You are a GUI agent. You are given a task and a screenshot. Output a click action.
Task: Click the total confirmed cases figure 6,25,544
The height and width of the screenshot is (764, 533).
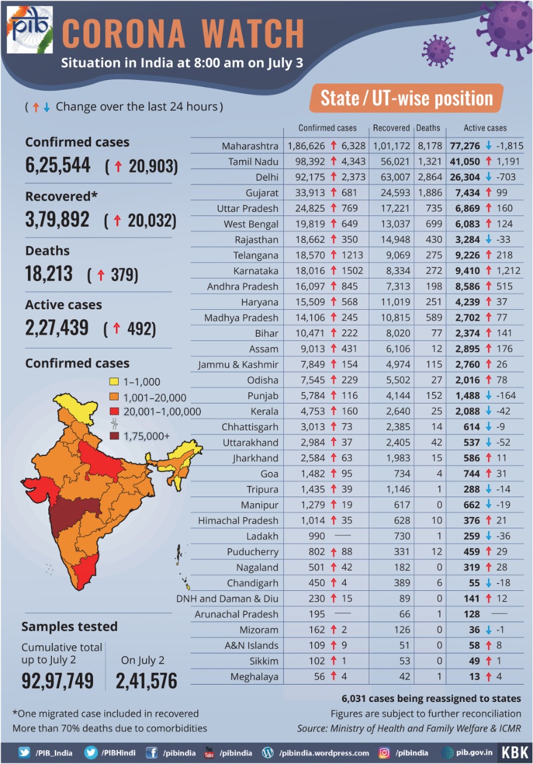point(58,165)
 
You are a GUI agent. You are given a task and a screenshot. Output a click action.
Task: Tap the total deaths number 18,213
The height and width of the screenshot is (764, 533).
point(49,273)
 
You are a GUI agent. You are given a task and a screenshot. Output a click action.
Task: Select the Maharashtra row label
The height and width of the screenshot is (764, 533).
point(250,146)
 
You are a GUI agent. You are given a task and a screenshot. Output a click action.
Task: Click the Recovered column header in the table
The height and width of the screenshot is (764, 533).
point(391,128)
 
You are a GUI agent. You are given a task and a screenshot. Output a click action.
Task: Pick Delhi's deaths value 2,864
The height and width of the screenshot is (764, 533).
point(428,177)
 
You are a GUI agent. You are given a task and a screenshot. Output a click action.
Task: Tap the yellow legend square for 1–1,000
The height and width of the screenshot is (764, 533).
point(114,381)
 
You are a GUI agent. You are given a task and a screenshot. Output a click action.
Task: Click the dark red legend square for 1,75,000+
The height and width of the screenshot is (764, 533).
point(114,436)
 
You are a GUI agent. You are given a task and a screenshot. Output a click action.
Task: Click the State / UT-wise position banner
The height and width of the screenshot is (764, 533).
point(406,98)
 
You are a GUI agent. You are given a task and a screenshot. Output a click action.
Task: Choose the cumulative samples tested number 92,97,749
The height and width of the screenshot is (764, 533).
point(58,680)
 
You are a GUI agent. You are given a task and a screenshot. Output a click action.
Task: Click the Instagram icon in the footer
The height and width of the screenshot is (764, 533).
point(385,753)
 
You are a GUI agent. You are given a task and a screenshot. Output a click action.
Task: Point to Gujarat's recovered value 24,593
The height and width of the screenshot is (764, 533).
point(391,193)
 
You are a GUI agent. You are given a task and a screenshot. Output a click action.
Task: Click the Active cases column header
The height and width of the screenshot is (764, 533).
point(485,128)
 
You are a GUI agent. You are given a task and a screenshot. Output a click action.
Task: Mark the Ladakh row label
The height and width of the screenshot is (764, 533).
point(262,536)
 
